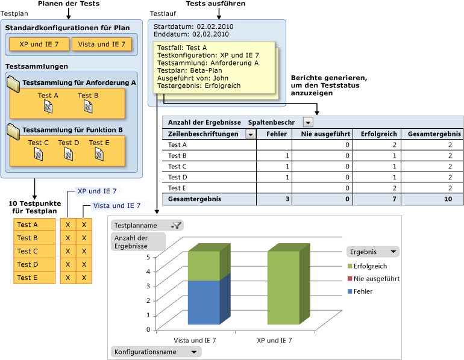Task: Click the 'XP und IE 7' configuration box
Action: click(38, 45)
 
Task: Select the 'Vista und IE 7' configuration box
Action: click(102, 45)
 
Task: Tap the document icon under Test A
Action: click(48, 107)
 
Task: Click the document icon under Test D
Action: click(68, 154)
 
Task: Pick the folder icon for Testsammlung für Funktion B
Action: click(13, 129)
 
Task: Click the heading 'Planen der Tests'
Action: click(69, 4)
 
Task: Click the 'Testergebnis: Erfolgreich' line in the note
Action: click(198, 85)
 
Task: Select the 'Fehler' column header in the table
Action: click(276, 134)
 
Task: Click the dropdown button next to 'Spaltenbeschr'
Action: click(308, 122)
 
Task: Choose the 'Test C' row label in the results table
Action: click(177, 166)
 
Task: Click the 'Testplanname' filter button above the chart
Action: click(147, 225)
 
